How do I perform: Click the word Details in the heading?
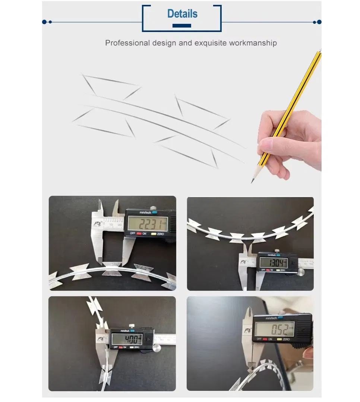(182, 14)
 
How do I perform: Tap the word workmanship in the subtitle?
(253, 43)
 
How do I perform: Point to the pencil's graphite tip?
(252, 182)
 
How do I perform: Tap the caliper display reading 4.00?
(127, 339)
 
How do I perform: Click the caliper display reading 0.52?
(274, 329)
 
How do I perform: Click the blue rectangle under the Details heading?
(182, 26)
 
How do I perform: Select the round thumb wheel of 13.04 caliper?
(301, 273)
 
